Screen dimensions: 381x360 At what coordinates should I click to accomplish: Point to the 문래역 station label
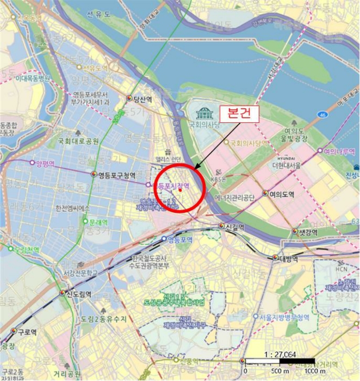98,222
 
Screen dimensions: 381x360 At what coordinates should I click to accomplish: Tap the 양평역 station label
44,163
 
